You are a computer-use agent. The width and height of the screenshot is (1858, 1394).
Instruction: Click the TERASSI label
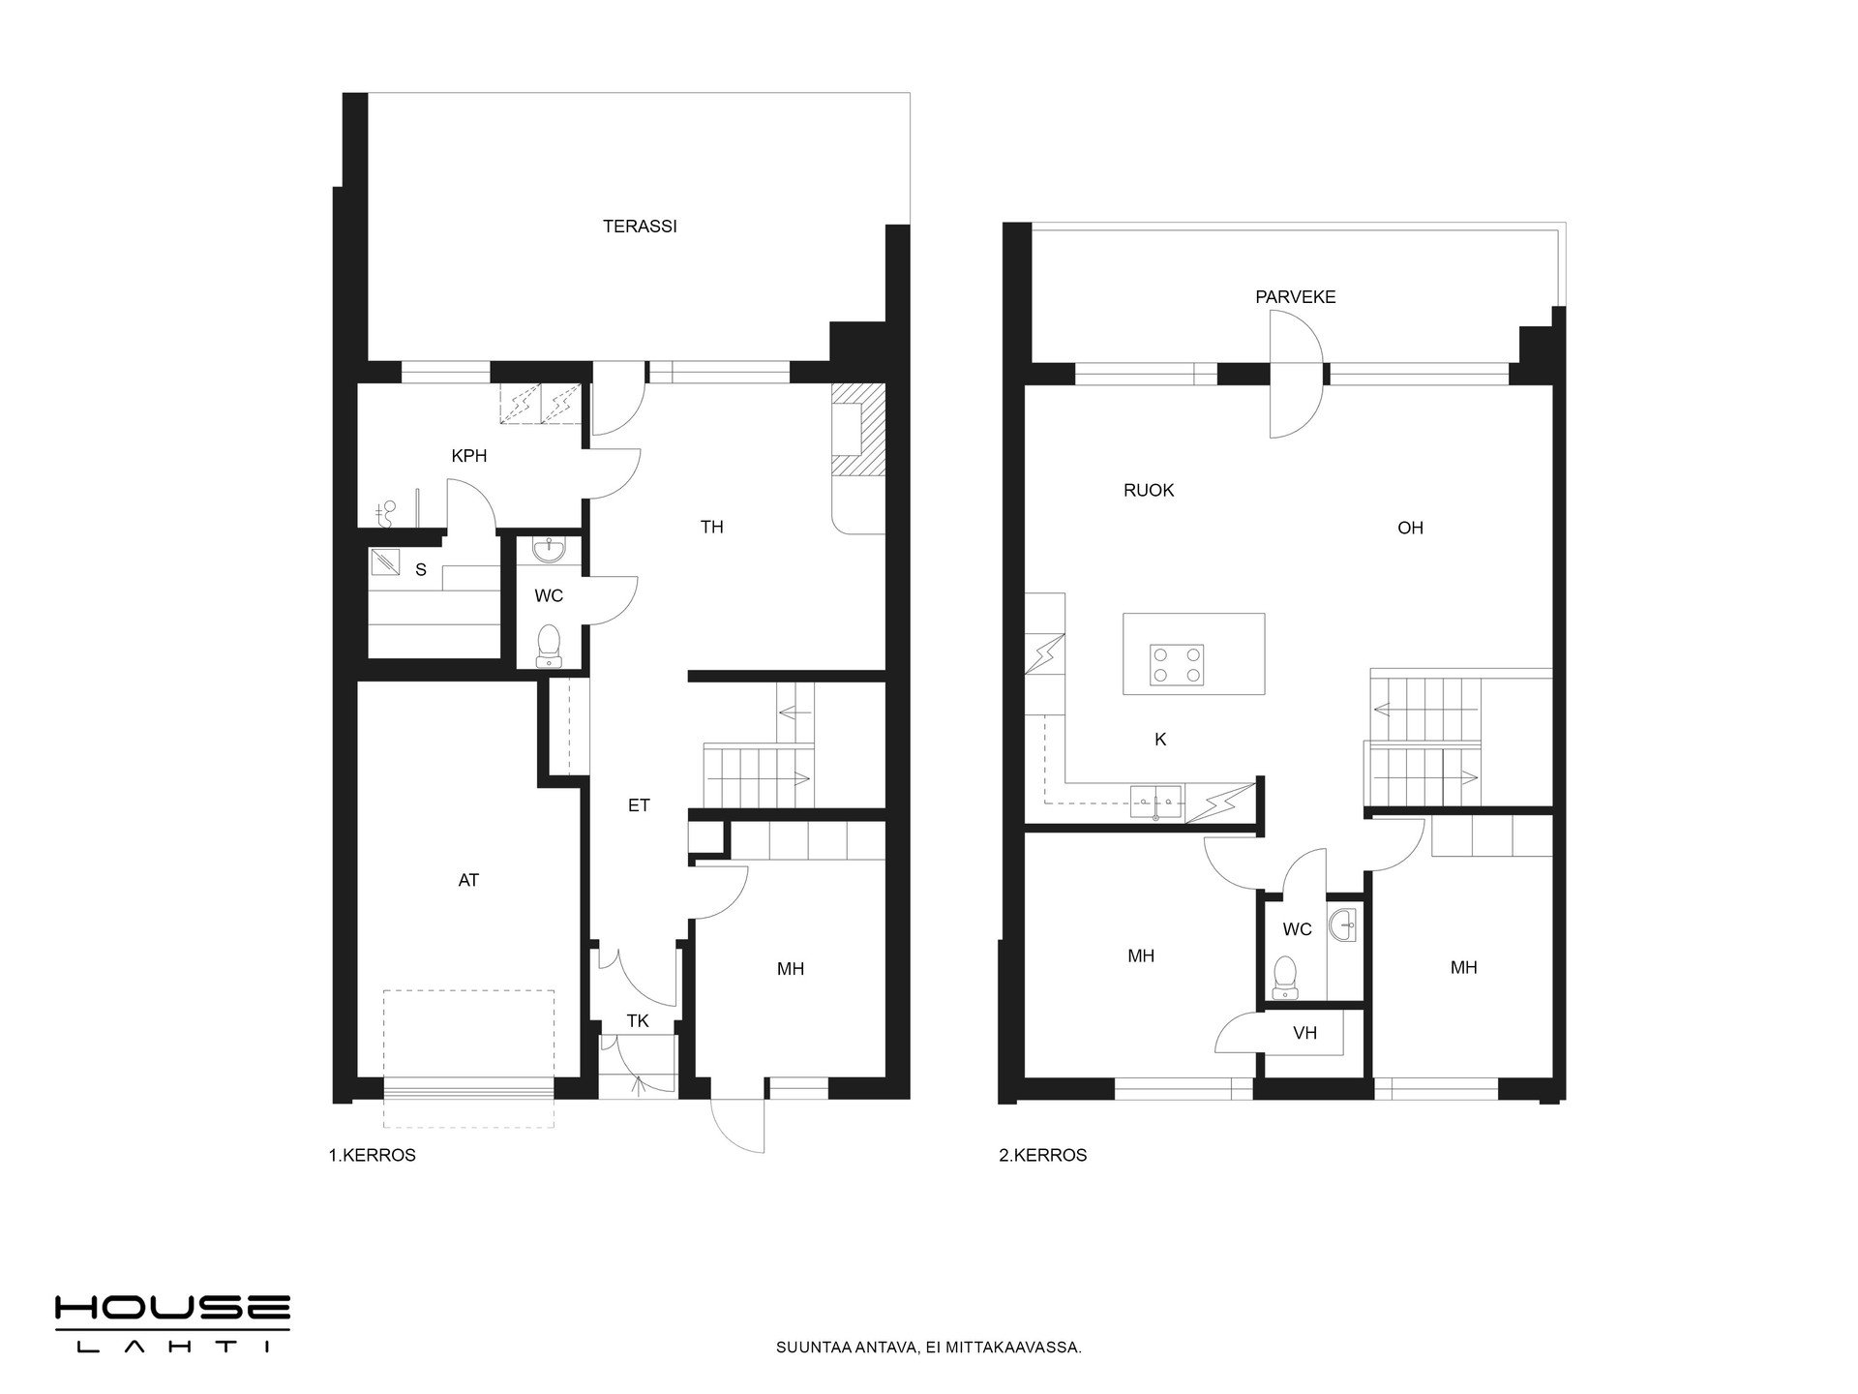point(640,227)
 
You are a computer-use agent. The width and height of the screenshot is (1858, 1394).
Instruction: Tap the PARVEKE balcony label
point(1295,297)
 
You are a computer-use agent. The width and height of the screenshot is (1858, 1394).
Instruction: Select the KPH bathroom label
point(469,456)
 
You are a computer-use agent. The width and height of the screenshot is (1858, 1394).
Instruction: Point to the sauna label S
point(421,570)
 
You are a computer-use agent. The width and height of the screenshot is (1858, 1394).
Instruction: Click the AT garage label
point(468,881)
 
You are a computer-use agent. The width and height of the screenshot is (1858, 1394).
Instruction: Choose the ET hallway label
point(639,805)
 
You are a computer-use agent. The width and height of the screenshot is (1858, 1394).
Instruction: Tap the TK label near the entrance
point(638,1021)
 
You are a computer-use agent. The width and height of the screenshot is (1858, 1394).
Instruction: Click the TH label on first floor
point(712,528)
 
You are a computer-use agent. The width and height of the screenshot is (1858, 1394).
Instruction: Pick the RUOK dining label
point(1149,491)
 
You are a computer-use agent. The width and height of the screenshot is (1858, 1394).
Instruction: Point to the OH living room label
point(1411,529)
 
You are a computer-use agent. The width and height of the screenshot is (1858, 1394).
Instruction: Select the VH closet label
point(1305,1033)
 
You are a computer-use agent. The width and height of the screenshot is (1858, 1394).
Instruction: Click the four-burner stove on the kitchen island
point(1177,665)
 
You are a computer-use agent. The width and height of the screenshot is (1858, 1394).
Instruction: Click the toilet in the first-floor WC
point(550,646)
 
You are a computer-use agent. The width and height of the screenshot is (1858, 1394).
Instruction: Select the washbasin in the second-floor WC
point(1344,924)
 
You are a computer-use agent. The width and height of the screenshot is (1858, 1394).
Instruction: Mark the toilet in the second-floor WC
point(1285,977)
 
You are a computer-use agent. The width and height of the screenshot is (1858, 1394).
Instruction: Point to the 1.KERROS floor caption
point(373,1156)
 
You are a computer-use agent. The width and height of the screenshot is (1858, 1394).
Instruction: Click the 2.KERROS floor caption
point(1043,1156)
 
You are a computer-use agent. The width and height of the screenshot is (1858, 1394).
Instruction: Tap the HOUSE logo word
point(172,1309)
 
